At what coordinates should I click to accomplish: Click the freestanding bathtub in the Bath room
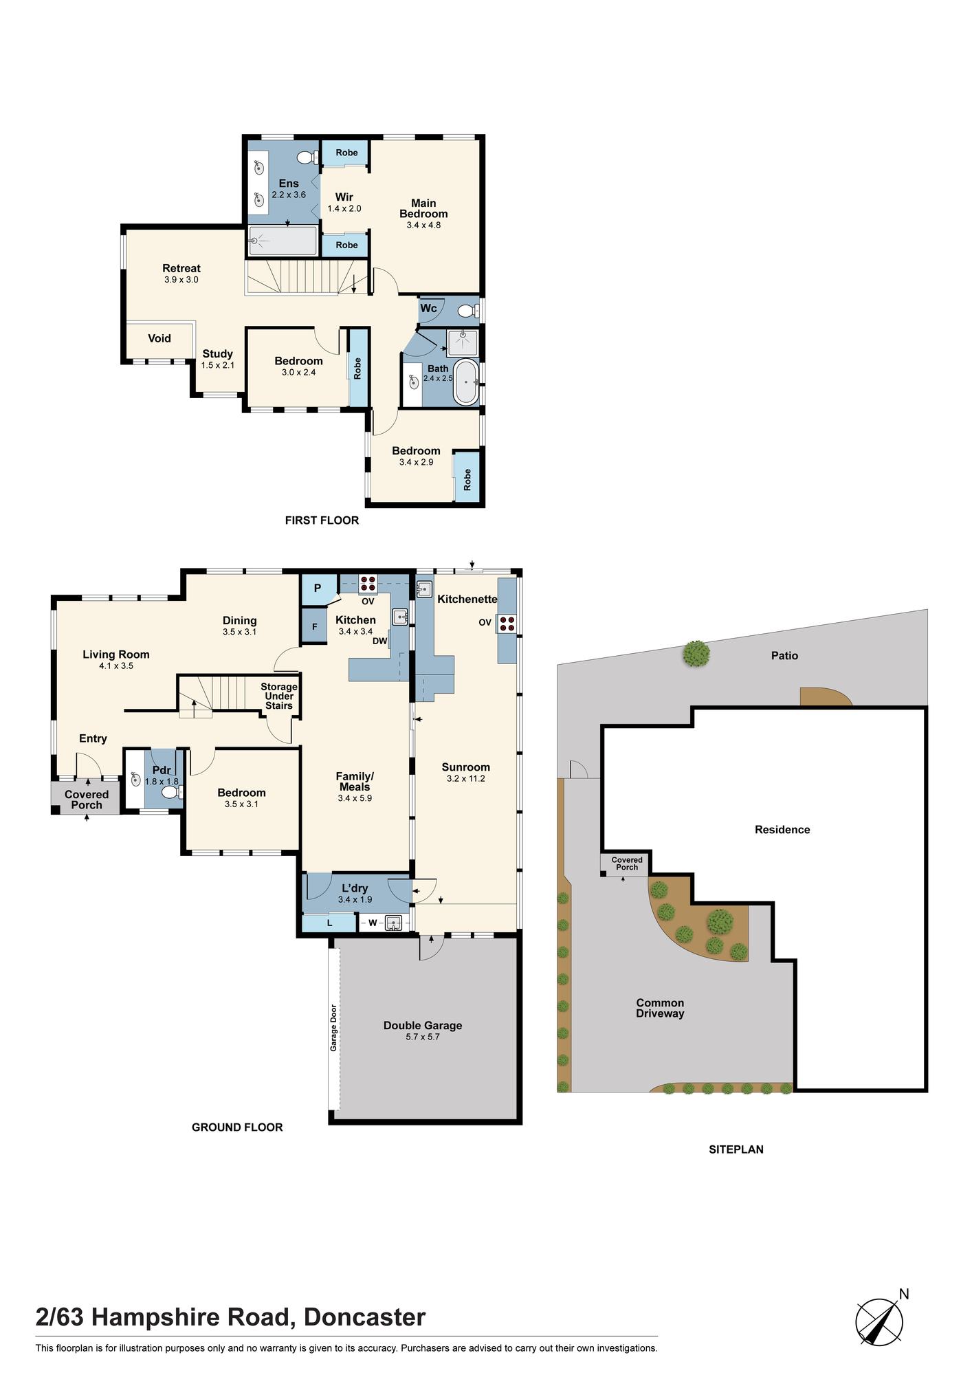pos(466,382)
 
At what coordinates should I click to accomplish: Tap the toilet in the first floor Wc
pos(468,311)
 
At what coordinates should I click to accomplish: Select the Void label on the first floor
pos(159,338)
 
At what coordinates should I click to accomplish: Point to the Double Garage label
pos(423,1025)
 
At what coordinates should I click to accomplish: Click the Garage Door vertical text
pos(334,1028)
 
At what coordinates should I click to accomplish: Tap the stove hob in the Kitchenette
pos(507,624)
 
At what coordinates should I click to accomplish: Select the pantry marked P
pos(318,588)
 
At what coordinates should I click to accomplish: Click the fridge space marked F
pos(315,626)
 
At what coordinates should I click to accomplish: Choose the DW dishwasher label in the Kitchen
pos(380,641)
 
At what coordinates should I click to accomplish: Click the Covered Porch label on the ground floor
pos(87,800)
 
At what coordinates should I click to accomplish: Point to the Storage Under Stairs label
pos(279,696)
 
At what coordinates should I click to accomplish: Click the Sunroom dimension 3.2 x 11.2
pos(466,778)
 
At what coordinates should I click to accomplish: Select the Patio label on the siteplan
pos(784,656)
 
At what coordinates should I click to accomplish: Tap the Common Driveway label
pos(660,1008)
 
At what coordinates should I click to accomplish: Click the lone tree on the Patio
pos(697,654)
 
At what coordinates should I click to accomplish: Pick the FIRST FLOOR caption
pos(322,520)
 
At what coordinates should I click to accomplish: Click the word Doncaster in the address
pos(365,1317)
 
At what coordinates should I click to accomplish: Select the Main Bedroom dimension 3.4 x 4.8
pos(423,225)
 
